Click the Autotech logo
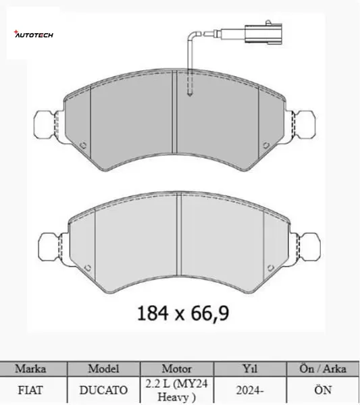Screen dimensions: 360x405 (x=33, y=34)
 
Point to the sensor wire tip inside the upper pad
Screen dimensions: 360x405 (x=190, y=94)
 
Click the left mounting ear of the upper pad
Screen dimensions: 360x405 (x=45, y=126)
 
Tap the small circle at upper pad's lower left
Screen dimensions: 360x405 (x=83, y=145)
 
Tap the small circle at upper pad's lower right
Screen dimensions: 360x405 (x=266, y=145)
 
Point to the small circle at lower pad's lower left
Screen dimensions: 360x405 (x=88, y=268)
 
